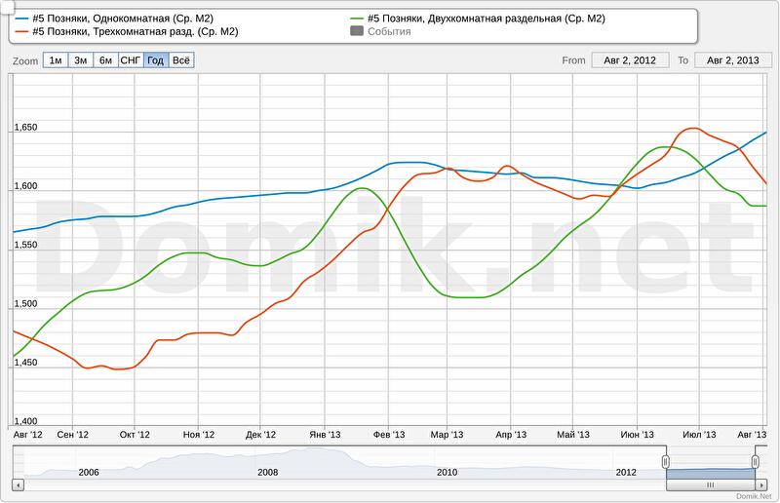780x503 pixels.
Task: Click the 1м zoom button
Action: (56, 60)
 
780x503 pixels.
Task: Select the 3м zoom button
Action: (81, 60)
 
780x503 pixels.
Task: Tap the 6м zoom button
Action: (105, 60)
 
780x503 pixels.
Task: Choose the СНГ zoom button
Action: (130, 60)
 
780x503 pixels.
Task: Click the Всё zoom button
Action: (181, 60)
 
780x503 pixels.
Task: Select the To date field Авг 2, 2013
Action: (733, 60)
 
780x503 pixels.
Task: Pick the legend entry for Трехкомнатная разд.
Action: (126, 31)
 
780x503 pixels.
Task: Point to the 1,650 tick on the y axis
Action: (24, 128)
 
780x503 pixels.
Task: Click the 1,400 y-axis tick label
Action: (24, 420)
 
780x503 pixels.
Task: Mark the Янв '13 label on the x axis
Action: (324, 434)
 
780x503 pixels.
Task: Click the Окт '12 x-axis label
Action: (135, 434)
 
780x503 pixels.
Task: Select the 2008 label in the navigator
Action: (267, 472)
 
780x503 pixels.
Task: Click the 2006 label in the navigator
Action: (89, 472)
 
